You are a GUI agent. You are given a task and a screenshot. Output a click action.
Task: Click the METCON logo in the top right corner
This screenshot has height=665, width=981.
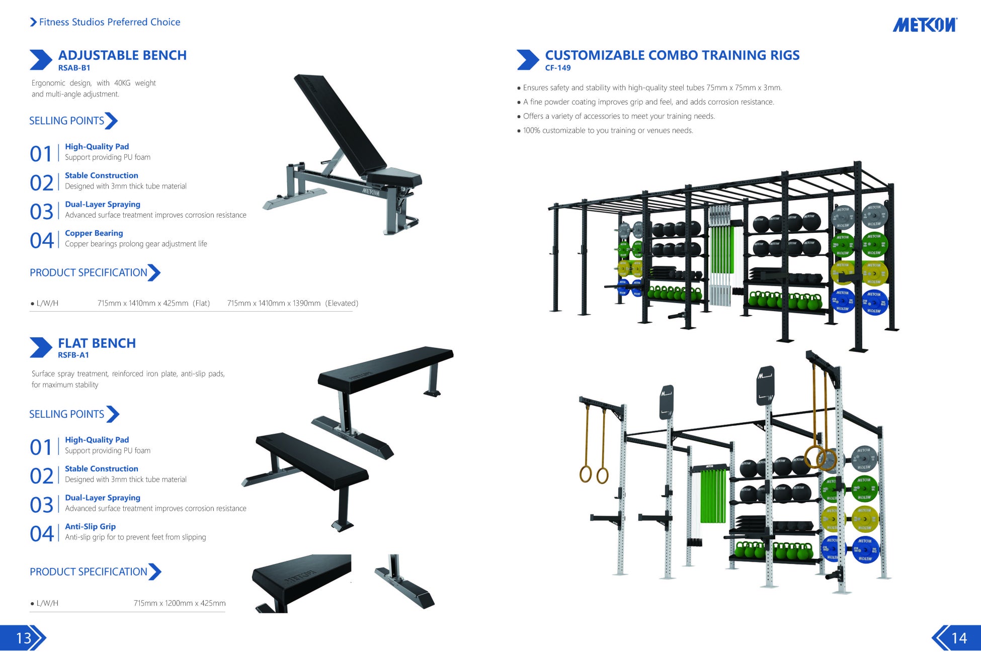coord(925,25)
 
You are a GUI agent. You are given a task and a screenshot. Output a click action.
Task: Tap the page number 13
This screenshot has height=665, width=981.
coord(24,638)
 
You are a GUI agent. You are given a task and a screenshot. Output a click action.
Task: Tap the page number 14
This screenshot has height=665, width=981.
coord(959,638)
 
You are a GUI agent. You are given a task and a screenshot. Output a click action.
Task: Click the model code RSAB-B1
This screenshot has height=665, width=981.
coord(74,68)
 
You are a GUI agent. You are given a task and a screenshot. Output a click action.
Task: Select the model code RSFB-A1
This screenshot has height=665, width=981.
coord(73,355)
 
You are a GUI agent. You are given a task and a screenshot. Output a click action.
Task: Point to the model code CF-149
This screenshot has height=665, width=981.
coord(558,68)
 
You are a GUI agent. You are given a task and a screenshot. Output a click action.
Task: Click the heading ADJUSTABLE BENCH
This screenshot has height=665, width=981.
coord(122,55)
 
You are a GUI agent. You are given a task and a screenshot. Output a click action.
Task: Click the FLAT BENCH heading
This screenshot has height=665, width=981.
coord(97,343)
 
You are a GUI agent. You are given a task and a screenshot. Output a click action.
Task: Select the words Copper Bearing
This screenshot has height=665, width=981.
coord(94,233)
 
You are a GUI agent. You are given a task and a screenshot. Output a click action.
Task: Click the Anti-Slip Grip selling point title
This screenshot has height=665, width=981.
coord(90,526)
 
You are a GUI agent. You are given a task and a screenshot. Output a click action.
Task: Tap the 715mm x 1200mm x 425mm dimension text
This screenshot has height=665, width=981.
coord(179,603)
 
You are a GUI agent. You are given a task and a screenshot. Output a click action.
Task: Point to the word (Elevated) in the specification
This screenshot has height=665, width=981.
coord(342,303)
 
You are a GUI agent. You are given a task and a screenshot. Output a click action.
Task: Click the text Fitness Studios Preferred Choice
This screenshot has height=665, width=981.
coord(109,22)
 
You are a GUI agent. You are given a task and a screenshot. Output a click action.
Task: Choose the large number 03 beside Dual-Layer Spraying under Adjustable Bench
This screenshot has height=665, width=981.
coord(41,212)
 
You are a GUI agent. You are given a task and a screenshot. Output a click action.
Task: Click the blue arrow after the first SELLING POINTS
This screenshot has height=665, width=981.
coord(112,121)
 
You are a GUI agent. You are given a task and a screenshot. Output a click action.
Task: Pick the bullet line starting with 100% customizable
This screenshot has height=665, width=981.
coord(608,131)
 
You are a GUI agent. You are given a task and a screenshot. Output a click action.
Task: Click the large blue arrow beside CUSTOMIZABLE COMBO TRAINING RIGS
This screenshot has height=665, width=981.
coord(527,60)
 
